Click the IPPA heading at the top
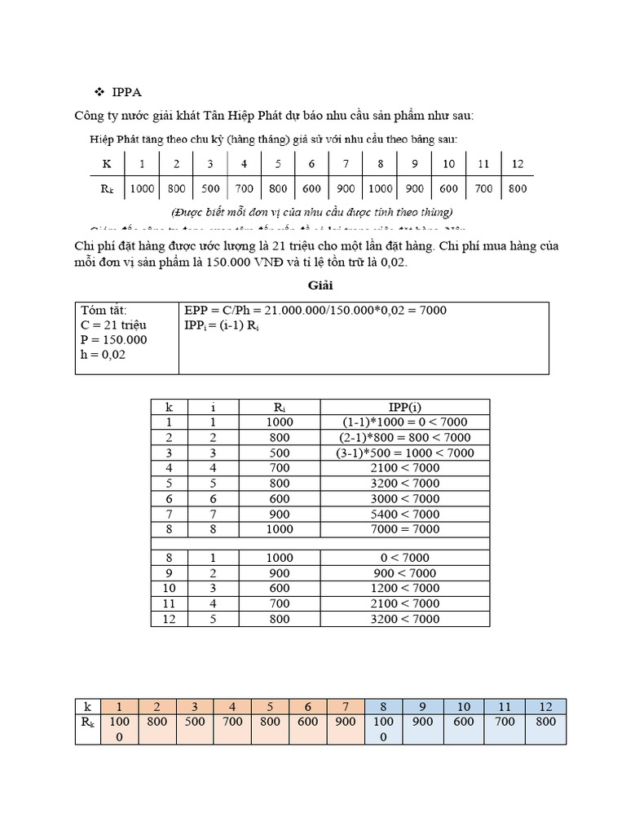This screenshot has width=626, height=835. (x=126, y=92)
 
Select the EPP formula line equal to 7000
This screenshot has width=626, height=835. (x=315, y=311)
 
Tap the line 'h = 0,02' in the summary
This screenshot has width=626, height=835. (x=104, y=356)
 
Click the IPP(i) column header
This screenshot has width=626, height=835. (x=404, y=407)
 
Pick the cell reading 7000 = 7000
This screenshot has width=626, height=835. (x=404, y=528)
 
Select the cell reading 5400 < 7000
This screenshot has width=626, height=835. (x=404, y=514)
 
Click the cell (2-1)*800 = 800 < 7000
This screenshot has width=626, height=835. (x=404, y=437)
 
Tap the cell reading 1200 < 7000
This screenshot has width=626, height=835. (x=404, y=588)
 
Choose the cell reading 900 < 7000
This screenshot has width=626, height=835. (x=404, y=573)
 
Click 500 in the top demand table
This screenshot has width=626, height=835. (x=210, y=188)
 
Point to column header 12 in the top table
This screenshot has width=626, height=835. (x=517, y=164)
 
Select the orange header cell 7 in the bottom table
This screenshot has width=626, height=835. (x=345, y=706)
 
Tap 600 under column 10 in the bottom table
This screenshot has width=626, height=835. (x=465, y=722)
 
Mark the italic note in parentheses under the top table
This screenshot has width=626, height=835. (x=311, y=212)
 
